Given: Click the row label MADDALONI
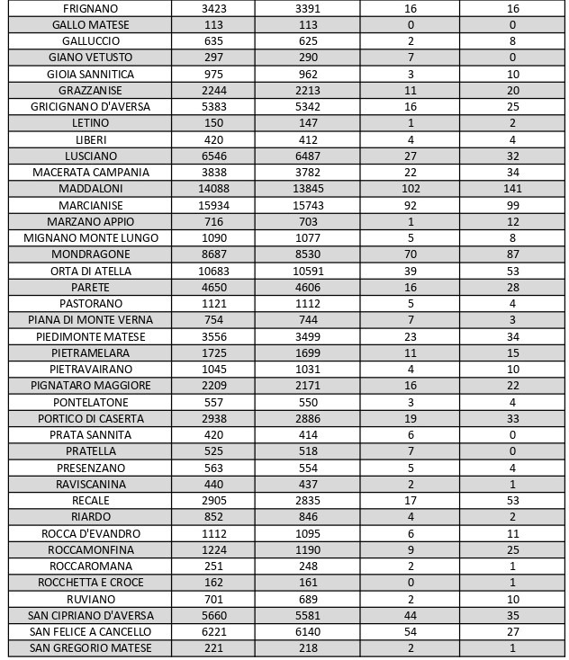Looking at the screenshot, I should click(x=91, y=189).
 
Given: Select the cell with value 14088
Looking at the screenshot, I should click(x=213, y=189).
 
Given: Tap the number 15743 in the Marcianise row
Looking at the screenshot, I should click(x=307, y=205).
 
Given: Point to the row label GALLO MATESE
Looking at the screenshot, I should click(x=91, y=24).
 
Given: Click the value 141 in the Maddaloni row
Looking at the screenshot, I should click(x=512, y=189).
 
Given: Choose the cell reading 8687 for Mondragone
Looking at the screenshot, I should click(x=213, y=254).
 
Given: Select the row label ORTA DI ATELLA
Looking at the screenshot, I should click(x=91, y=271).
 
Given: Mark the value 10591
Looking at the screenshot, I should click(x=307, y=271).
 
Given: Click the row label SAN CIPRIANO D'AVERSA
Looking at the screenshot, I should click(x=91, y=616).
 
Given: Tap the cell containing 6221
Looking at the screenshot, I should click(x=213, y=632).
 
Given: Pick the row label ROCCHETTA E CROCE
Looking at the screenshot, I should click(x=91, y=583).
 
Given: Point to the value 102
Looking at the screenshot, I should click(x=410, y=189).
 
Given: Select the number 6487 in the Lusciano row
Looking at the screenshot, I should click(x=307, y=156).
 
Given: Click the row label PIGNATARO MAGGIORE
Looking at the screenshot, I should click(x=91, y=386).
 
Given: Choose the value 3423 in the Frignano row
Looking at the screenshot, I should click(x=213, y=8).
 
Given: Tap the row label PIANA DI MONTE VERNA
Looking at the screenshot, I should click(x=91, y=320).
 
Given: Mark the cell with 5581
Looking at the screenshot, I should click(x=307, y=616).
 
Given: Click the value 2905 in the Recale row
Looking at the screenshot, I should click(x=213, y=501).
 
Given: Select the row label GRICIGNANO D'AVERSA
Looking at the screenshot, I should click(x=91, y=106).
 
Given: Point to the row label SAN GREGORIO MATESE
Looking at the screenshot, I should click(x=91, y=648).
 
